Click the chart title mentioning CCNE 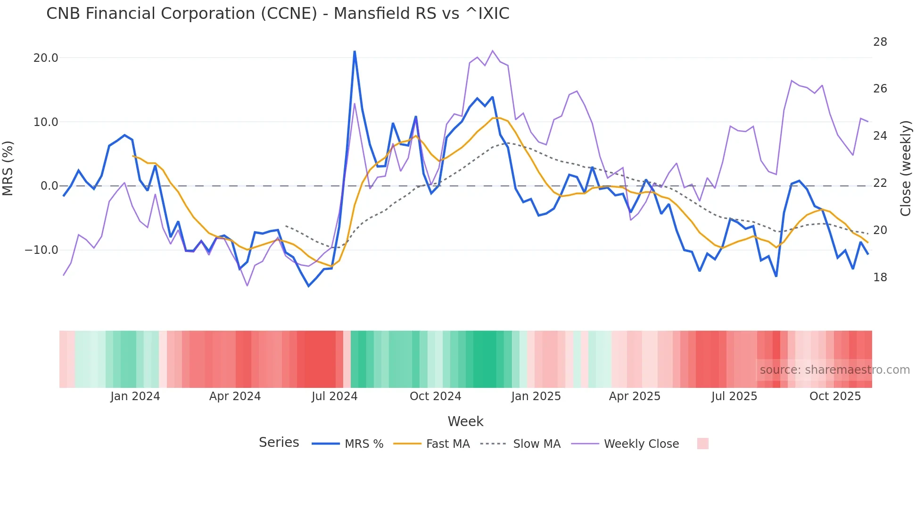[x=278, y=14]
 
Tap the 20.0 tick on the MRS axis [x=46, y=58]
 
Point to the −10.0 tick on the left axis [x=41, y=250]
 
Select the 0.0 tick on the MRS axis [x=49, y=186]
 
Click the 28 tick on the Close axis [x=880, y=42]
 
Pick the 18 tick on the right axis [x=880, y=277]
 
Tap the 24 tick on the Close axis [x=880, y=136]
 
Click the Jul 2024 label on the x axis [x=334, y=396]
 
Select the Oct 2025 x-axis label [x=835, y=396]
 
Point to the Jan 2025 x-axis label [x=536, y=396]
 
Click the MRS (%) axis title [x=8, y=168]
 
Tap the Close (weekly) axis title [x=905, y=168]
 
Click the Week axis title [x=465, y=421]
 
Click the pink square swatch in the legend [x=702, y=444]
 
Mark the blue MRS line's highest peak [x=355, y=51]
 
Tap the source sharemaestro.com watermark [x=834, y=370]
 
